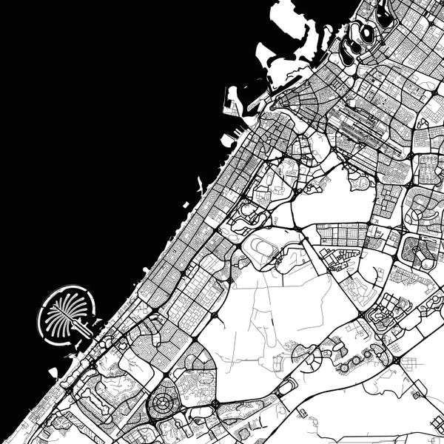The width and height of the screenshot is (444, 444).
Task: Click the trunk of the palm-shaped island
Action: (81, 325)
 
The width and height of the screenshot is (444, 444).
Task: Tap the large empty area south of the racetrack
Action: (266, 318)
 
